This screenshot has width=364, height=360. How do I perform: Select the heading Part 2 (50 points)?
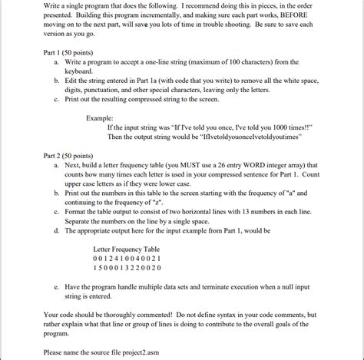pos(74,154)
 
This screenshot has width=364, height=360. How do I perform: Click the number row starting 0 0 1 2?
pos(127,259)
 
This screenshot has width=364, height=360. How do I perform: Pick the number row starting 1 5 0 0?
pos(127,268)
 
